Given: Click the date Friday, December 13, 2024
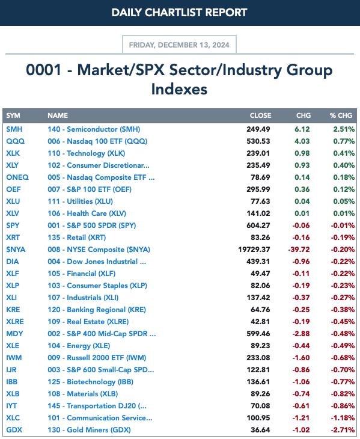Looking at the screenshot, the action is click(179, 45).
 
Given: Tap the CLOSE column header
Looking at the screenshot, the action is click(260, 115).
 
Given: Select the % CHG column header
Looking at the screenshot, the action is click(341, 115).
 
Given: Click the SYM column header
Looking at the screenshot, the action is click(13, 115).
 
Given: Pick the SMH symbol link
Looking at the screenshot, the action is click(14, 129).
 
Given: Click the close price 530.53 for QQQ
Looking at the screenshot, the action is click(258, 141).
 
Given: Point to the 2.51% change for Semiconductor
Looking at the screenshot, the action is click(344, 129).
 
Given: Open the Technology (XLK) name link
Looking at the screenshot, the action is click(86, 153).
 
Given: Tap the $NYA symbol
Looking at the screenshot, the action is click(16, 250).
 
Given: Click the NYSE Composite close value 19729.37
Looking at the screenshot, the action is click(254, 250).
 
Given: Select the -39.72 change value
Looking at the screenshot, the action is click(299, 250).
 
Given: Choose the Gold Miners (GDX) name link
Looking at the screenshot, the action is click(89, 430).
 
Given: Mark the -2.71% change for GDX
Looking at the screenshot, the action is click(343, 430).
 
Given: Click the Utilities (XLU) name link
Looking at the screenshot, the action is click(81, 201).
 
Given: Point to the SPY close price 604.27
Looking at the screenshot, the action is click(258, 226).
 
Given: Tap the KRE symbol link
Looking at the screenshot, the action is click(13, 310).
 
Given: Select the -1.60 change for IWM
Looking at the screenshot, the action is click(301, 358).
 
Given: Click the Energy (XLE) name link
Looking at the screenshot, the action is click(79, 346).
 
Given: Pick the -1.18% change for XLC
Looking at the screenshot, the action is click(343, 418).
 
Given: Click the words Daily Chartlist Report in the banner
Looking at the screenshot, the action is click(179, 12).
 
